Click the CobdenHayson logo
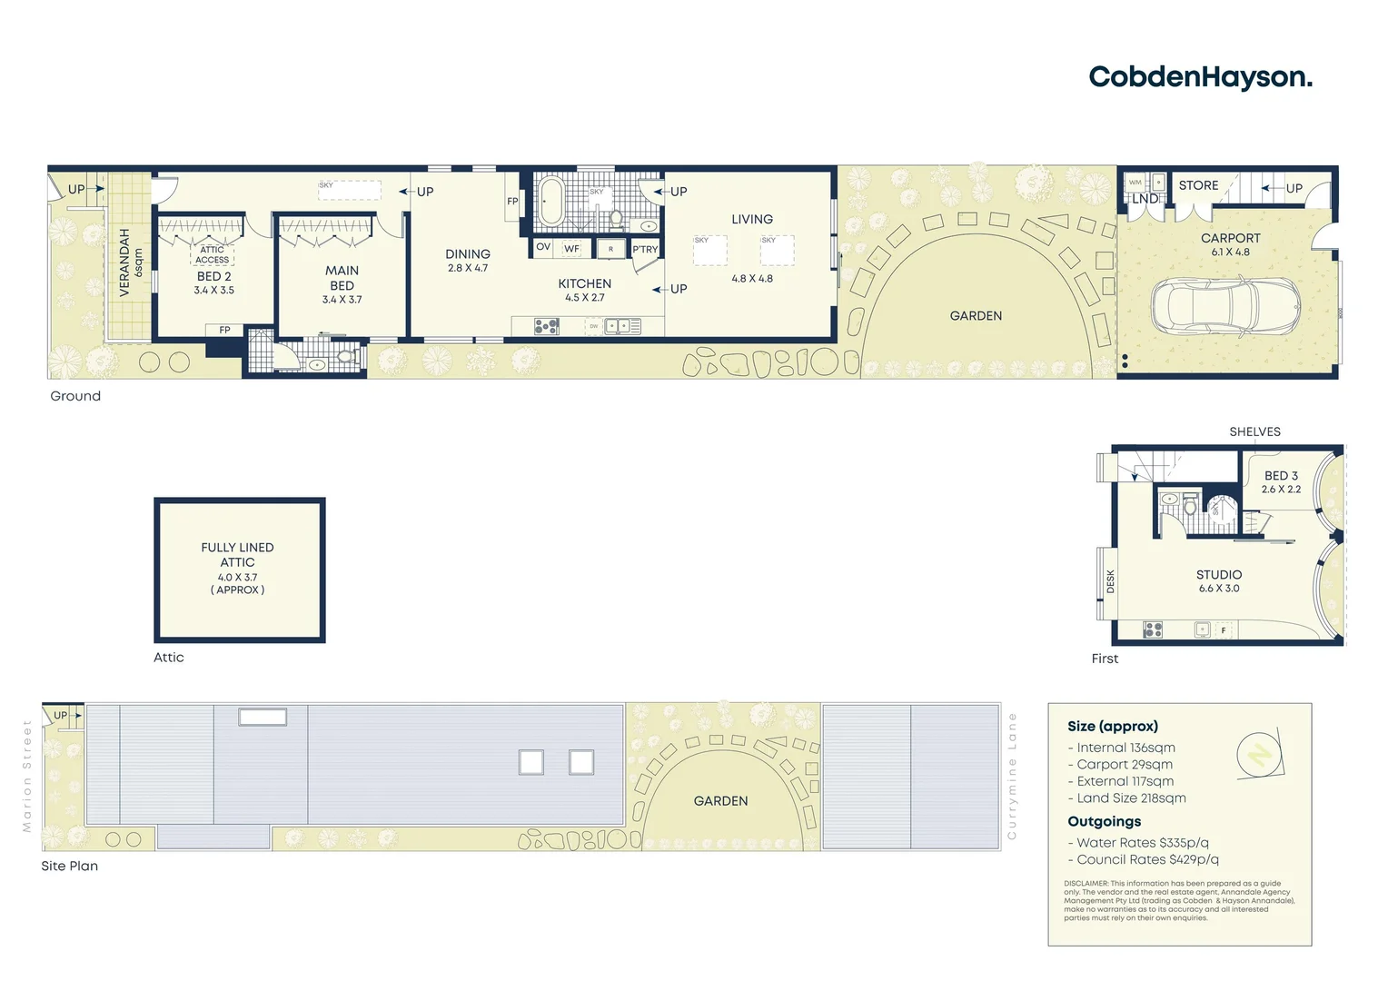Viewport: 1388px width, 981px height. pyautogui.click(x=1199, y=77)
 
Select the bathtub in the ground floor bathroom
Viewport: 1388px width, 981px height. pyautogui.click(x=551, y=200)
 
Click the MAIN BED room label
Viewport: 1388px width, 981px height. pyautogui.click(x=342, y=278)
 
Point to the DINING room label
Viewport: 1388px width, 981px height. pyautogui.click(x=468, y=254)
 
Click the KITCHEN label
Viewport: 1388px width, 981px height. pyautogui.click(x=584, y=283)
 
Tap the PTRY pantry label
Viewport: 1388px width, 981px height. pyautogui.click(x=645, y=249)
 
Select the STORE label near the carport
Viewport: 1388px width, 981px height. pyautogui.click(x=1198, y=185)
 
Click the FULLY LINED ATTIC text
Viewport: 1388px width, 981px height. pyautogui.click(x=237, y=555)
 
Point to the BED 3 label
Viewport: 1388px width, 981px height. pyautogui.click(x=1281, y=475)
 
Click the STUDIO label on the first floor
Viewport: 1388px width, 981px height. pyautogui.click(x=1218, y=575)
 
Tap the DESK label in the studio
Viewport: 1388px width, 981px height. pyautogui.click(x=1110, y=582)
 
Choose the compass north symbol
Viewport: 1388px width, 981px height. pyautogui.click(x=1260, y=754)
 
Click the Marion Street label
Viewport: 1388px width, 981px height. pyautogui.click(x=27, y=776)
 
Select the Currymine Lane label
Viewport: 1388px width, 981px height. pyautogui.click(x=1012, y=776)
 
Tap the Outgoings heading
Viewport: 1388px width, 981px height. pyautogui.click(x=1104, y=821)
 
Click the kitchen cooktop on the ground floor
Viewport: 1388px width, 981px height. pyautogui.click(x=546, y=325)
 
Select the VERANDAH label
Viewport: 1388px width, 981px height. pyautogui.click(x=124, y=263)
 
